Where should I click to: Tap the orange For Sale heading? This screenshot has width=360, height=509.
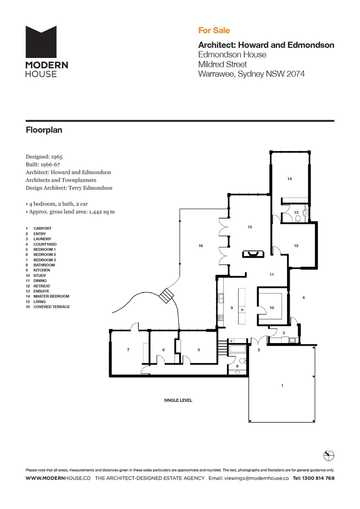point(214,30)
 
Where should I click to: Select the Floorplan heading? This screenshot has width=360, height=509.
point(44,130)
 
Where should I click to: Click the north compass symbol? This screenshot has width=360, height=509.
point(329,455)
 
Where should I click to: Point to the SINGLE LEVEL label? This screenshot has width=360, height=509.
point(178,400)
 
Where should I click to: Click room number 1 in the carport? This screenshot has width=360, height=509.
point(282,385)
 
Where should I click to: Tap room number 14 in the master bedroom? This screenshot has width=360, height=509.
point(289,179)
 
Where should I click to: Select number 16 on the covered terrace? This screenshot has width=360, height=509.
point(201,246)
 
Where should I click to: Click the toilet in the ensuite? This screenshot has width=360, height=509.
point(298,219)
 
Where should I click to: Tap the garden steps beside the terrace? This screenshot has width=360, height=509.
point(167,295)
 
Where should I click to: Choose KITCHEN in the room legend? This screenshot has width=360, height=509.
point(41,270)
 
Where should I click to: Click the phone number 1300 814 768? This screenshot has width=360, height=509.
point(318,478)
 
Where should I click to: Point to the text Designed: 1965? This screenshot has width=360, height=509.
point(44,156)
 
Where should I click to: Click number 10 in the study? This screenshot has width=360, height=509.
point(272,308)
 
